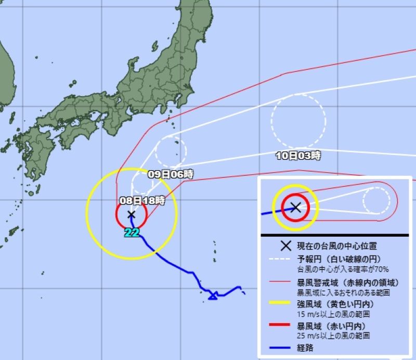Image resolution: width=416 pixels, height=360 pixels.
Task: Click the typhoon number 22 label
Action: click(132, 233)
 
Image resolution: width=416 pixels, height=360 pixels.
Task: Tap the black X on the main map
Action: click(131, 214)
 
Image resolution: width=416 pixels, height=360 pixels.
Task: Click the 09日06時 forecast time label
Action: click(171, 174)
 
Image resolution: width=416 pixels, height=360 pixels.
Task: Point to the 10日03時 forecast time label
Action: click(298, 155)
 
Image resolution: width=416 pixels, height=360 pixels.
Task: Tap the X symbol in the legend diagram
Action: click(295, 207)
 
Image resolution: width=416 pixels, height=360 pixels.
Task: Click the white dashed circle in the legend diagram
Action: click(376, 200)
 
